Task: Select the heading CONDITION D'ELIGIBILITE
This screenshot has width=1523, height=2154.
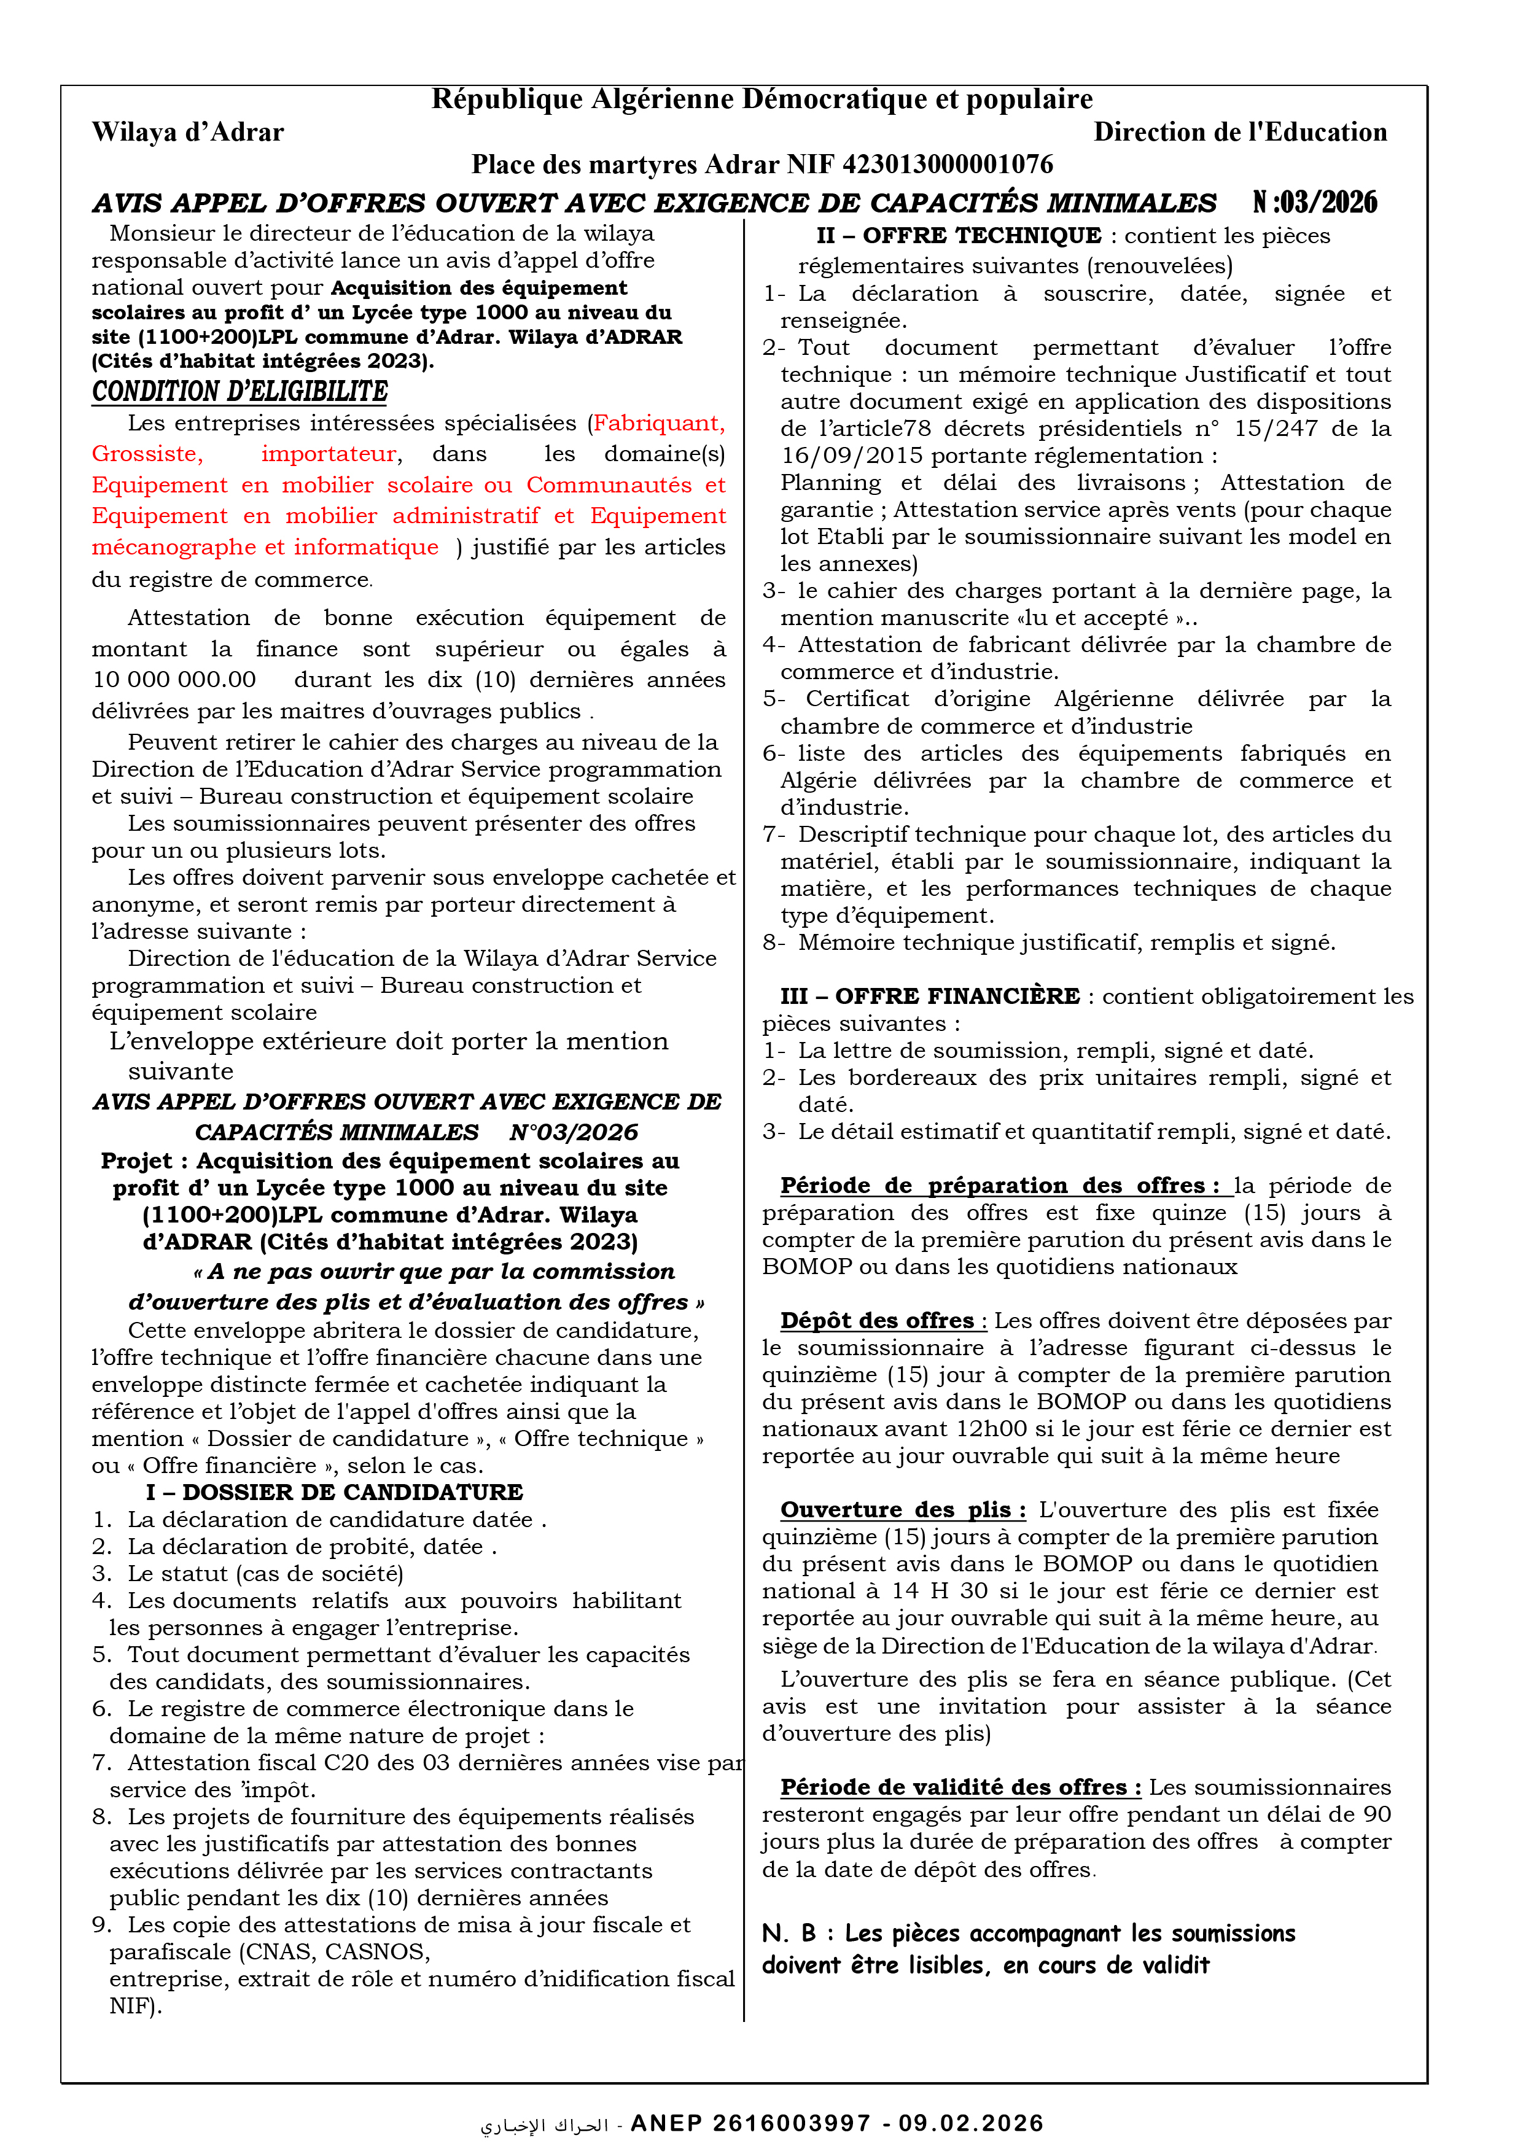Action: point(240,391)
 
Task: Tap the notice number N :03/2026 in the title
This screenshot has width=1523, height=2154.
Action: point(1315,203)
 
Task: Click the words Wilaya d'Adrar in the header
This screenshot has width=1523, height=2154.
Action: point(188,132)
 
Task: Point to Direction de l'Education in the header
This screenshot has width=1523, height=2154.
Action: point(1240,132)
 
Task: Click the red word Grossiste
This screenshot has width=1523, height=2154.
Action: point(146,454)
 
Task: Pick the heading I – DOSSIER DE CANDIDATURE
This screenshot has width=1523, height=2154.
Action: point(334,1493)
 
